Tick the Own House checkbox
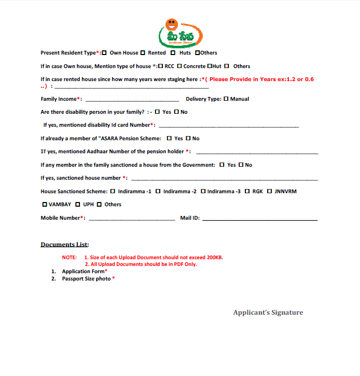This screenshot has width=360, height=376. tap(105, 53)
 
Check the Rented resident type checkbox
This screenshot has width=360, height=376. tap(143, 53)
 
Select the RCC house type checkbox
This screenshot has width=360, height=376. tap(161, 66)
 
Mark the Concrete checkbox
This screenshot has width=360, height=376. tap(179, 66)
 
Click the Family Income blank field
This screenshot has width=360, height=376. tap(132, 99)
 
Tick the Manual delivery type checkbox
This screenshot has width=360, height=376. tap(226, 99)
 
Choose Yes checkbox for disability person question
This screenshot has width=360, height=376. tap(157, 112)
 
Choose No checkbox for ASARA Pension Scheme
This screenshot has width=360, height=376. tap(188, 139)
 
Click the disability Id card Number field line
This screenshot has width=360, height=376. tap(228, 126)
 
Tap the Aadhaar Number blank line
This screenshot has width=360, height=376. tap(257, 152)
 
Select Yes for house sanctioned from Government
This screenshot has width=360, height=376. tap(222, 165)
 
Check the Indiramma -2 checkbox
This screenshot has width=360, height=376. tap(158, 192)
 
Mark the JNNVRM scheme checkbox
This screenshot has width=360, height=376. tap(269, 192)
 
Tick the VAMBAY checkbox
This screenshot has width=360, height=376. tap(45, 205)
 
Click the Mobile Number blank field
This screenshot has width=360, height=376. tap(132, 219)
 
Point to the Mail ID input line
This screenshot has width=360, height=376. tap(259, 219)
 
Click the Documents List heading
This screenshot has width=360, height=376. tap(65, 245)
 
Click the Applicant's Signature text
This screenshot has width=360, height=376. tap(268, 313)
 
